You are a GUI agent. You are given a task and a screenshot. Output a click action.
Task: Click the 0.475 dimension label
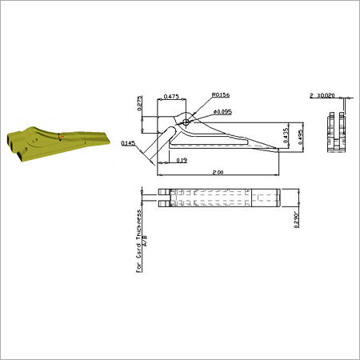click(170, 97)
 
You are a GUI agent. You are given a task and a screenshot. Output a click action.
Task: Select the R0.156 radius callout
click(222, 94)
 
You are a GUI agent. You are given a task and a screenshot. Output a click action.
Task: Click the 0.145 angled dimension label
click(127, 143)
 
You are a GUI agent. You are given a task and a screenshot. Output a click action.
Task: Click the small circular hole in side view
click(186, 122)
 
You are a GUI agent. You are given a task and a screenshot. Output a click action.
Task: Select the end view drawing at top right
click(334, 132)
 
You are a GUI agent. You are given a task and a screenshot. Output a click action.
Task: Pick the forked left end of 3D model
click(11, 143)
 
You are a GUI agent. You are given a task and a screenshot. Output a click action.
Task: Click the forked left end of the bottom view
click(163, 198)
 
